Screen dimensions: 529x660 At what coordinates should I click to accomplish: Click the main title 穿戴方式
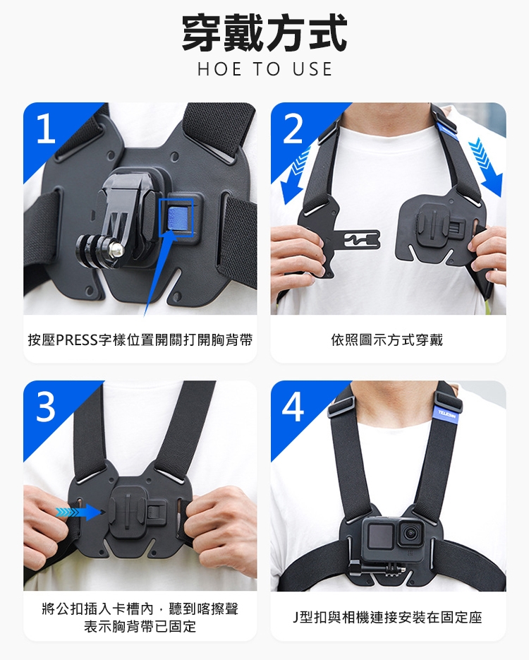(264, 33)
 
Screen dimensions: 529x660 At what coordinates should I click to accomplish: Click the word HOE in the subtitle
(219, 69)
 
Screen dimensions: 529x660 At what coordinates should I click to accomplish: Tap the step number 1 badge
(45, 128)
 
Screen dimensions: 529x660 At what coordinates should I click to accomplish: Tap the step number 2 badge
(293, 128)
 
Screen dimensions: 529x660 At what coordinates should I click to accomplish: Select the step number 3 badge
(45, 407)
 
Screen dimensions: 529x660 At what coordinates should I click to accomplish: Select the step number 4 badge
(293, 407)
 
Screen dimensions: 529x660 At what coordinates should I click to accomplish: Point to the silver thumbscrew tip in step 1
(116, 250)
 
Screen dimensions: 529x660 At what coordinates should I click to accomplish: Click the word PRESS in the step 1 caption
(77, 340)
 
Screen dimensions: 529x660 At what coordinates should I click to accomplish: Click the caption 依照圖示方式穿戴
(387, 340)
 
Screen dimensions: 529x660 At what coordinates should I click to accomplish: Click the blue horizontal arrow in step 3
(80, 512)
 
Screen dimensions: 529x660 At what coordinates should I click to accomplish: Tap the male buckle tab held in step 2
(358, 239)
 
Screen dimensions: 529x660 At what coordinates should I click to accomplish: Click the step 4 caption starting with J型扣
(387, 618)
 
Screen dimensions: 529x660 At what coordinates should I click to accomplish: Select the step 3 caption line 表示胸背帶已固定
(140, 626)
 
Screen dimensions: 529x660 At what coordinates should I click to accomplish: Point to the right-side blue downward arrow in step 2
(487, 167)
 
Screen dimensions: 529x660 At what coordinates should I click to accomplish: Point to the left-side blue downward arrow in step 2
(293, 174)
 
